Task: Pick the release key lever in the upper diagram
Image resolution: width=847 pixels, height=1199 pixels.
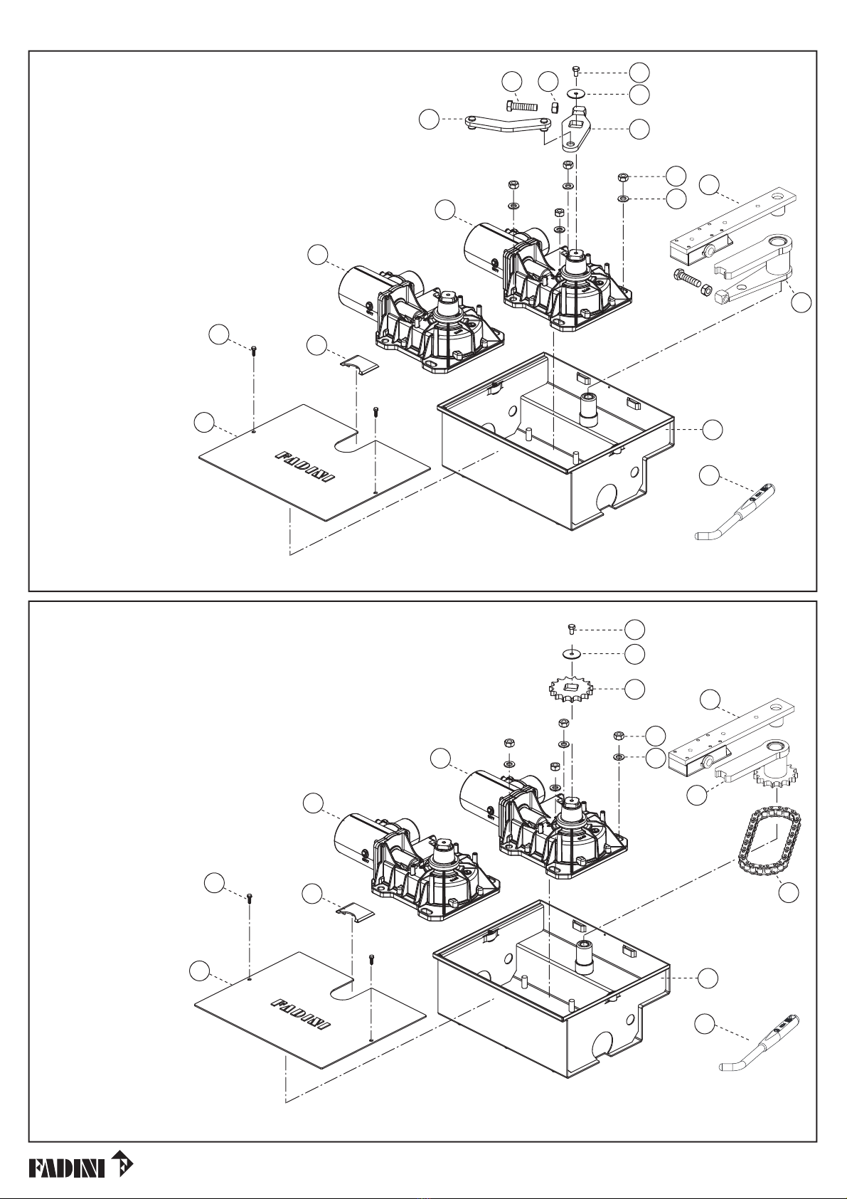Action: click(735, 513)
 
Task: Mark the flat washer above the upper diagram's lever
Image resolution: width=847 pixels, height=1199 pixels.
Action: click(576, 93)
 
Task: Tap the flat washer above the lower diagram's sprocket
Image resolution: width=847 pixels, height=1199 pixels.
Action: click(572, 653)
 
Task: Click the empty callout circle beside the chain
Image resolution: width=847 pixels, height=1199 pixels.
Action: click(788, 892)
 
